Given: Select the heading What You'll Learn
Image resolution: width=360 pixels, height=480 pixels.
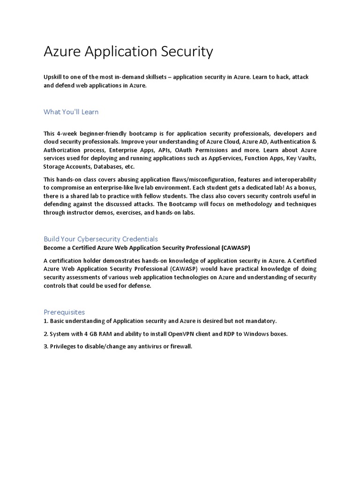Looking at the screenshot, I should click(x=71, y=112).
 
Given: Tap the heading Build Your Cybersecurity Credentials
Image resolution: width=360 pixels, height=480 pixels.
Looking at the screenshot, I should click(x=101, y=239).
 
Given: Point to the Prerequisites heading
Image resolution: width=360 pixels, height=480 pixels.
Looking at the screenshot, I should click(x=64, y=312).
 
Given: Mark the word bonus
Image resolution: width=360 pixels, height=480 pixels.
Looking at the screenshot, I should click(x=306, y=188).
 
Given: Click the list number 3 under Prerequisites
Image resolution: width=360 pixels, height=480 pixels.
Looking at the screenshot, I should click(x=45, y=346).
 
